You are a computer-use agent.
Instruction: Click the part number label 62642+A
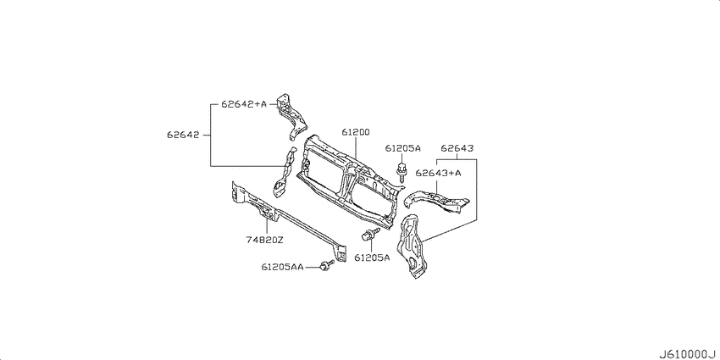click(243, 104)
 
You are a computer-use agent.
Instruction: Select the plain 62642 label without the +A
click(183, 135)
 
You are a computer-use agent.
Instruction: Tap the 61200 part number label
click(356, 132)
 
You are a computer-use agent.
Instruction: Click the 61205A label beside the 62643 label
click(402, 148)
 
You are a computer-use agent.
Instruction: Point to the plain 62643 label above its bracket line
click(457, 148)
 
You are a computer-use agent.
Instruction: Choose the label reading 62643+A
click(438, 173)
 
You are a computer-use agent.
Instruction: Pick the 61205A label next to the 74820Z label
click(372, 258)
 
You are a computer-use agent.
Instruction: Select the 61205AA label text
click(282, 267)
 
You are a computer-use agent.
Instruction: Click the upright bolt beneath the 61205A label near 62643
click(402, 172)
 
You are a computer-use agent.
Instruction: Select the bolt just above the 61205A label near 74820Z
click(370, 234)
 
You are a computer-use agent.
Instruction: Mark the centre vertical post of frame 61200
click(346, 187)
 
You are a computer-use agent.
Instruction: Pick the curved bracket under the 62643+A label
click(436, 201)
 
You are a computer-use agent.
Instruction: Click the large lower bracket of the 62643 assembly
click(413, 246)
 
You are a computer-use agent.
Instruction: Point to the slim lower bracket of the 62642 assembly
click(285, 174)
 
